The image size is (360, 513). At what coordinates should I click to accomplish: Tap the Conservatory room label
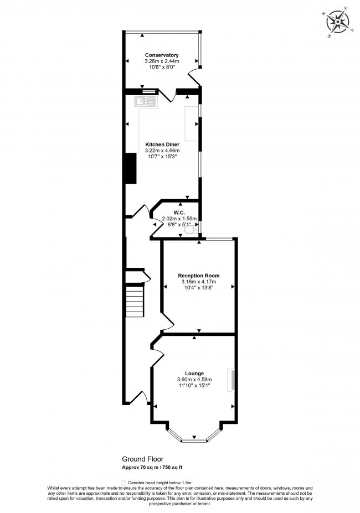(x=162, y=55)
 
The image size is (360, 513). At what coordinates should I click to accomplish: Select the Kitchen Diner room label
(x=162, y=144)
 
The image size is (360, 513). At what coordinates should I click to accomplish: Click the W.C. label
(x=178, y=213)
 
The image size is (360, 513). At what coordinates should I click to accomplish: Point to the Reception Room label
(x=198, y=276)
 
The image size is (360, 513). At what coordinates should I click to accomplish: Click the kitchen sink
(x=146, y=102)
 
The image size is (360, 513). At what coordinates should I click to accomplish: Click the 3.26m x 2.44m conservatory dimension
(x=162, y=61)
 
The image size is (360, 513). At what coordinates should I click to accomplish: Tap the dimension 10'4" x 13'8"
(x=198, y=288)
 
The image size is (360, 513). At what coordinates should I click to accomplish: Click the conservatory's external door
(x=194, y=77)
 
